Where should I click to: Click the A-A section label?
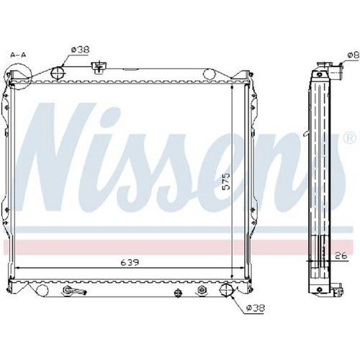pyautogui.click(x=18, y=55)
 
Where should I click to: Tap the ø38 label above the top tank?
pyautogui.click(x=80, y=50)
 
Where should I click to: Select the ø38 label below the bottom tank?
pyautogui.click(x=256, y=307)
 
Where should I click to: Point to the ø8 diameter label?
pyautogui.click(x=354, y=55)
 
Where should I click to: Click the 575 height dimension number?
pyautogui.click(x=226, y=181)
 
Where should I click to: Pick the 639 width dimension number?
pyautogui.click(x=130, y=262)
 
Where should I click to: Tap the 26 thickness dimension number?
pyautogui.click(x=341, y=256)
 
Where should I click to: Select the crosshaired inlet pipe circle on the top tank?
pyautogui.click(x=58, y=73)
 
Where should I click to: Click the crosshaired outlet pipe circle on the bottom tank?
pyautogui.click(x=226, y=290)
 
